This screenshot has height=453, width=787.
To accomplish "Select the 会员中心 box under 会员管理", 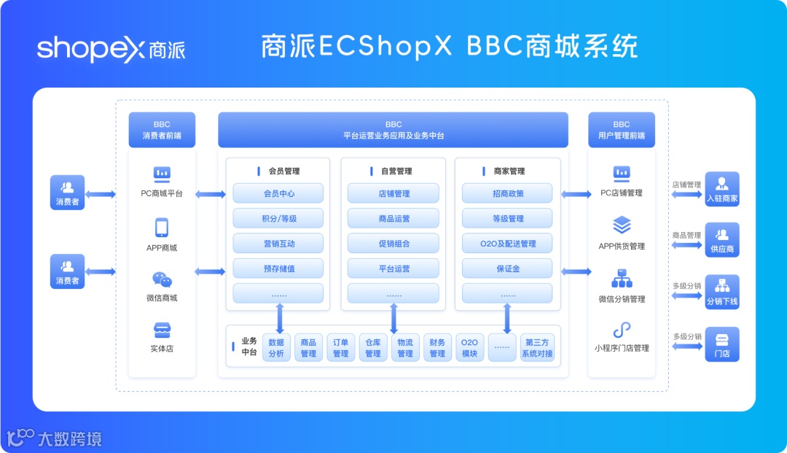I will [x=278, y=193].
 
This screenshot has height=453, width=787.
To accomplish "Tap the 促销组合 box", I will [x=393, y=244].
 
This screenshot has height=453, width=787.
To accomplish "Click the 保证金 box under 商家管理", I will [x=507, y=268].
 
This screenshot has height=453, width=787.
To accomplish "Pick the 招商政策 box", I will [x=507, y=193].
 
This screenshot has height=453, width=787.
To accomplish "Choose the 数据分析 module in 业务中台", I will [x=276, y=348].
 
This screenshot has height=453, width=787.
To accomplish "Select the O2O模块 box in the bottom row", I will [x=469, y=348].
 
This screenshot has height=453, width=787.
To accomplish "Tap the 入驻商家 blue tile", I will [x=722, y=190].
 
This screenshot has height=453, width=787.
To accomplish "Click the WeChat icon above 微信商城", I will [x=162, y=280].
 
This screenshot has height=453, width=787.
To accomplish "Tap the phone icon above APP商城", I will [x=162, y=228].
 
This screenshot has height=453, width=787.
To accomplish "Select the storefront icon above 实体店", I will [x=162, y=330].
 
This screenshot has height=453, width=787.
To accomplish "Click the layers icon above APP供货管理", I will [x=622, y=225].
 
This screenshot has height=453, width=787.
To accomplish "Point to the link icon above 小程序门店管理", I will [x=622, y=330].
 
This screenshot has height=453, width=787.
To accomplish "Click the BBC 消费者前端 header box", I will [x=162, y=130].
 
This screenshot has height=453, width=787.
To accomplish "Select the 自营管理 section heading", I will [x=393, y=171].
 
